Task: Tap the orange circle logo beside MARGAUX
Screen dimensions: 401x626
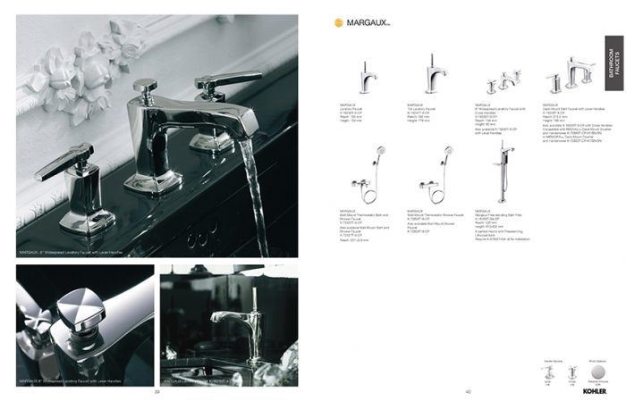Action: coord(338,24)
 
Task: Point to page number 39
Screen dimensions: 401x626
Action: coord(156,391)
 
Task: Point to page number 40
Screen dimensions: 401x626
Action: coord(468,391)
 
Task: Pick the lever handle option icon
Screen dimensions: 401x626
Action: coord(548,371)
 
